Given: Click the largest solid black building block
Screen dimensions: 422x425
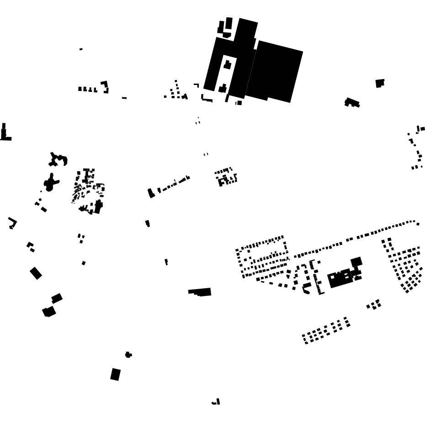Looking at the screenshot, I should coord(274,71).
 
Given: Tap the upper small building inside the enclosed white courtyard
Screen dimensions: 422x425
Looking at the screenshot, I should coord(227,65).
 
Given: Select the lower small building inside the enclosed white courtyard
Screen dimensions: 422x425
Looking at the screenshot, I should coord(223,88).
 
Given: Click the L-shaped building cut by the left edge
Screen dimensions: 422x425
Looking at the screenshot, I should coord(4,134).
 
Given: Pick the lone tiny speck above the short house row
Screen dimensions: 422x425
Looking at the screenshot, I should coord(81,49).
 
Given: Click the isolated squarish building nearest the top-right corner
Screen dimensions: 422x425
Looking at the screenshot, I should coord(380,83).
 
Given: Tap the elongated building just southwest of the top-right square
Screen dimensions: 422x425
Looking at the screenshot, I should coord(352,102).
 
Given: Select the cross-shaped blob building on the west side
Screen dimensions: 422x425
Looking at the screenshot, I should coord(51,183).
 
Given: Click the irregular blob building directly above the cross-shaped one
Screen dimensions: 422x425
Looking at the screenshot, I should coord(58,160).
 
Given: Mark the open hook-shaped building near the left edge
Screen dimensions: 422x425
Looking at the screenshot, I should coord(12,222).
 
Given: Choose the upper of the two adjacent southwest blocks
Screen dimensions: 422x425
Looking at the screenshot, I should coord(57,298).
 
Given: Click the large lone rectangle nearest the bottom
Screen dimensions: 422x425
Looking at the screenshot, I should coord(116,375).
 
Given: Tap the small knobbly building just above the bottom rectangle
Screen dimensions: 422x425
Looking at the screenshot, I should coord(128,355).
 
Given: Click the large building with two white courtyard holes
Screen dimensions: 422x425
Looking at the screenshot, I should coord(340,278).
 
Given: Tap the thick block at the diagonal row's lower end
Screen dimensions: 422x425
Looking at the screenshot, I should coord(151,193).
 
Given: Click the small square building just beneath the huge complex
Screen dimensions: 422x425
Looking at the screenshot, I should coord(239,103).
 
